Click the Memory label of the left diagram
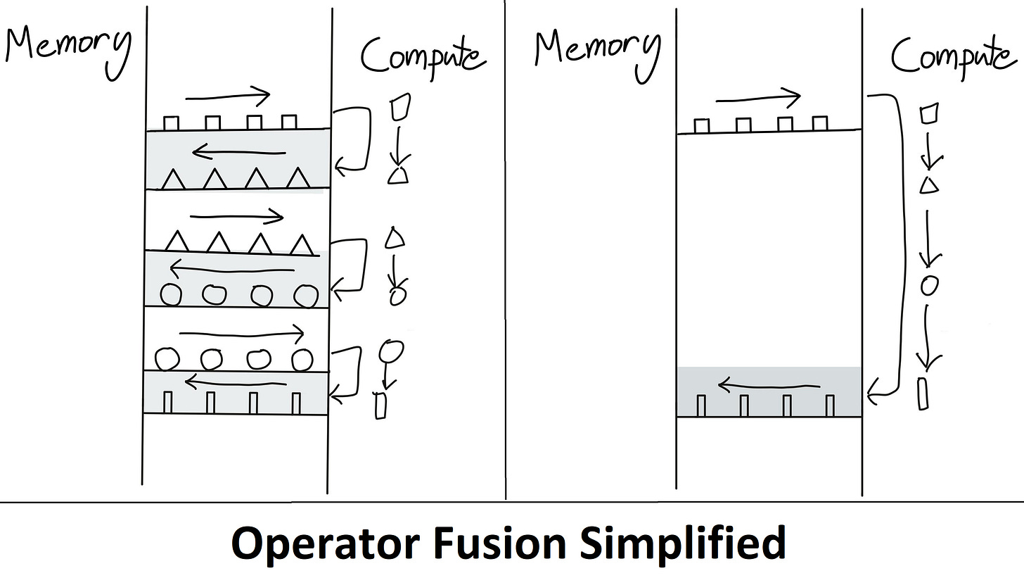point(68,46)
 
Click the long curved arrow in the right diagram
point(896,246)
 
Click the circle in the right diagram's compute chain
point(930,284)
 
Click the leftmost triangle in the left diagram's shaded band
point(173,180)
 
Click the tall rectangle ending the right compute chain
point(923,393)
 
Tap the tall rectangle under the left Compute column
point(380,406)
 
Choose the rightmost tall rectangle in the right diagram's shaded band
point(830,405)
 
